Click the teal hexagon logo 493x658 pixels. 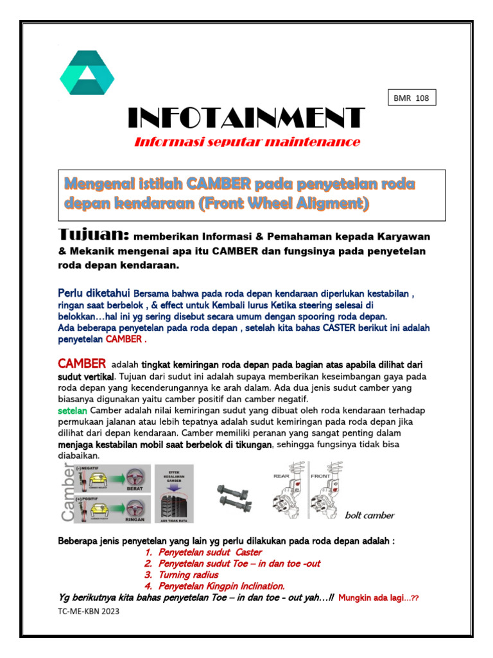coord(87,73)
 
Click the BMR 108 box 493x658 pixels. coord(411,98)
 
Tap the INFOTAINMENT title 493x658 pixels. coord(246,118)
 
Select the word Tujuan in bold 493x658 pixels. coord(94,234)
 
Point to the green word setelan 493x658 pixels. coord(73,410)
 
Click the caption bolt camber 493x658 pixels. coord(370,515)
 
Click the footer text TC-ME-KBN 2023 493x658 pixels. coord(88,611)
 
